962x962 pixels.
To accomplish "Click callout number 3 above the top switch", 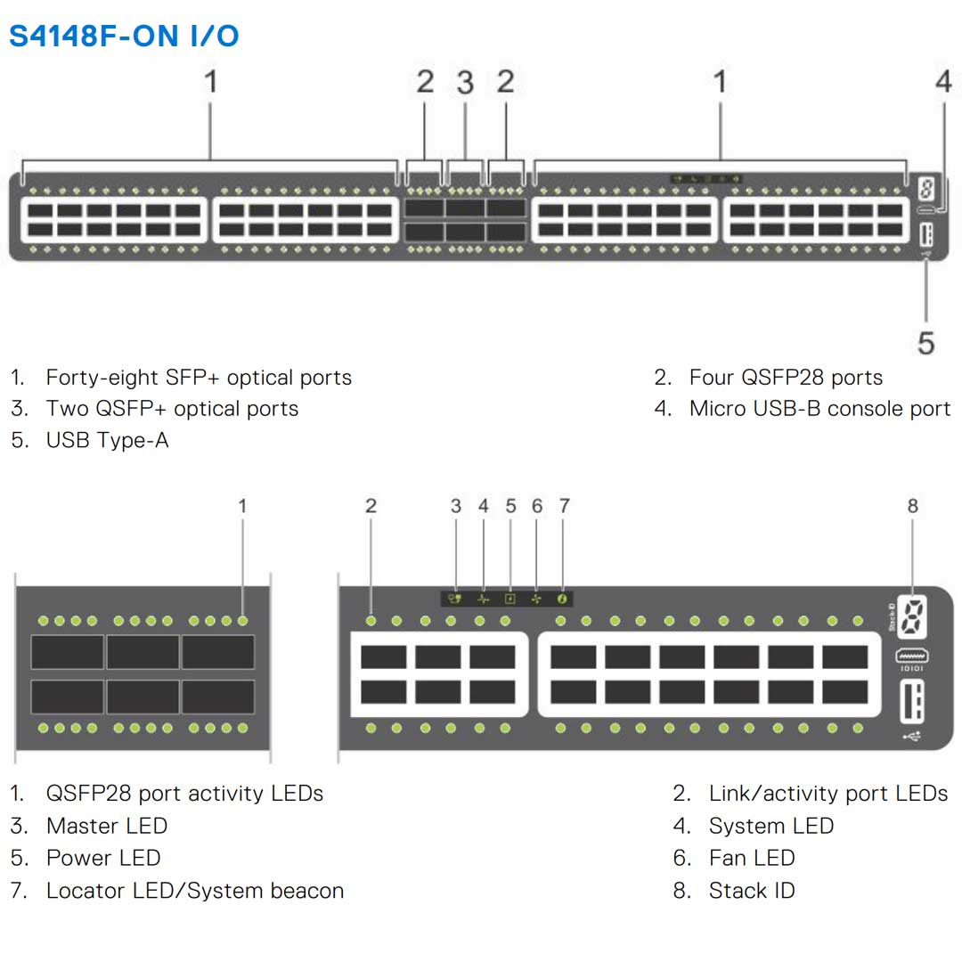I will pyautogui.click(x=465, y=83).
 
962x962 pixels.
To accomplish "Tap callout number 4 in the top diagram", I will pyautogui.click(x=943, y=82).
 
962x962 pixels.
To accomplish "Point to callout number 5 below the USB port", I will pyautogui.click(x=926, y=343).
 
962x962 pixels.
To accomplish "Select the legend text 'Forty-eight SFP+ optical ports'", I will pyautogui.click(x=199, y=378).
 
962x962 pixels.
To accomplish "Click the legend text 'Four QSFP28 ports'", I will pyautogui.click(x=786, y=378).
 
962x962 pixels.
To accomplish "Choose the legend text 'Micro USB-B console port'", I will pyautogui.click(x=819, y=409).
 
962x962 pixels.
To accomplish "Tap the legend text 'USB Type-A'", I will pyautogui.click(x=107, y=440).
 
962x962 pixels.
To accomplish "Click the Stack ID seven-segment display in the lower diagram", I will pyautogui.click(x=910, y=615).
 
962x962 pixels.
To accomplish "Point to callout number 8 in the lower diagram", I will pyautogui.click(x=912, y=506).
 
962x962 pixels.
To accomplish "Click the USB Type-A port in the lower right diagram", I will pyautogui.click(x=912, y=700).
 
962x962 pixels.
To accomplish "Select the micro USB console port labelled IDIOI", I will pyautogui.click(x=912, y=656).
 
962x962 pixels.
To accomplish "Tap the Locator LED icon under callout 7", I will pyautogui.click(x=563, y=599).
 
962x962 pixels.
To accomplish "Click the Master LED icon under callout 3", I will pyautogui.click(x=455, y=599).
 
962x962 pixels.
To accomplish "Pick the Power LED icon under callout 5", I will pyautogui.click(x=510, y=599).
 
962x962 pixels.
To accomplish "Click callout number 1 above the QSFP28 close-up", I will pyautogui.click(x=242, y=506).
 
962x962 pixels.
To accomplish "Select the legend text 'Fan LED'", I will pyautogui.click(x=752, y=858).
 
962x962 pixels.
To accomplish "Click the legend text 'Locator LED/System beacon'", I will pyautogui.click(x=194, y=891).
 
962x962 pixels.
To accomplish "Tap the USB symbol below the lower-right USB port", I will pyautogui.click(x=912, y=736).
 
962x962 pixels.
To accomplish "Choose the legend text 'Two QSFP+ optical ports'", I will pyautogui.click(x=172, y=409).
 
